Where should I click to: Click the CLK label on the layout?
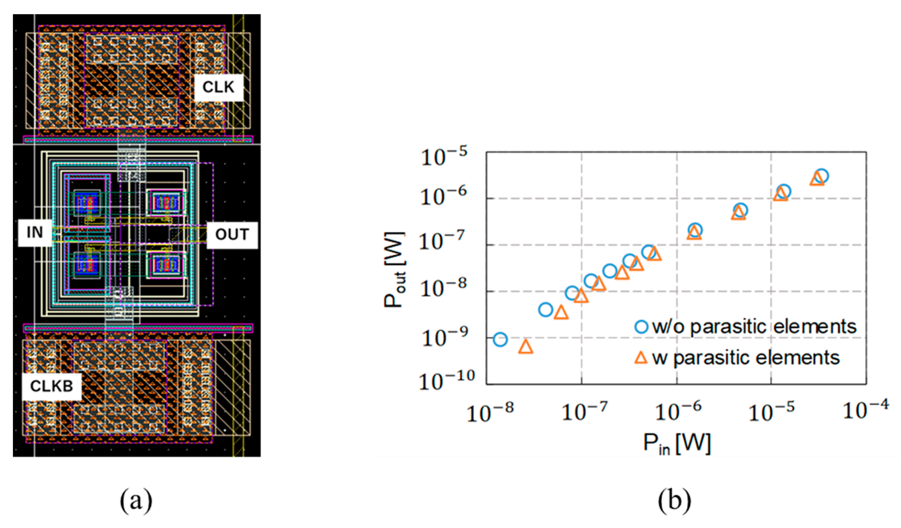218,88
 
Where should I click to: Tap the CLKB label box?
52,386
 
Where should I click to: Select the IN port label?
35,233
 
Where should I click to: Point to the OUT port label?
232,235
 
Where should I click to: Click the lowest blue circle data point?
500,340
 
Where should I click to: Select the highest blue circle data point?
822,176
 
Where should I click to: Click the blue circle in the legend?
641,327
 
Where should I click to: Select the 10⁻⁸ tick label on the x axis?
490,412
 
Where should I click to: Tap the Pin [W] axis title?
677,444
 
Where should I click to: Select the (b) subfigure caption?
674,501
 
